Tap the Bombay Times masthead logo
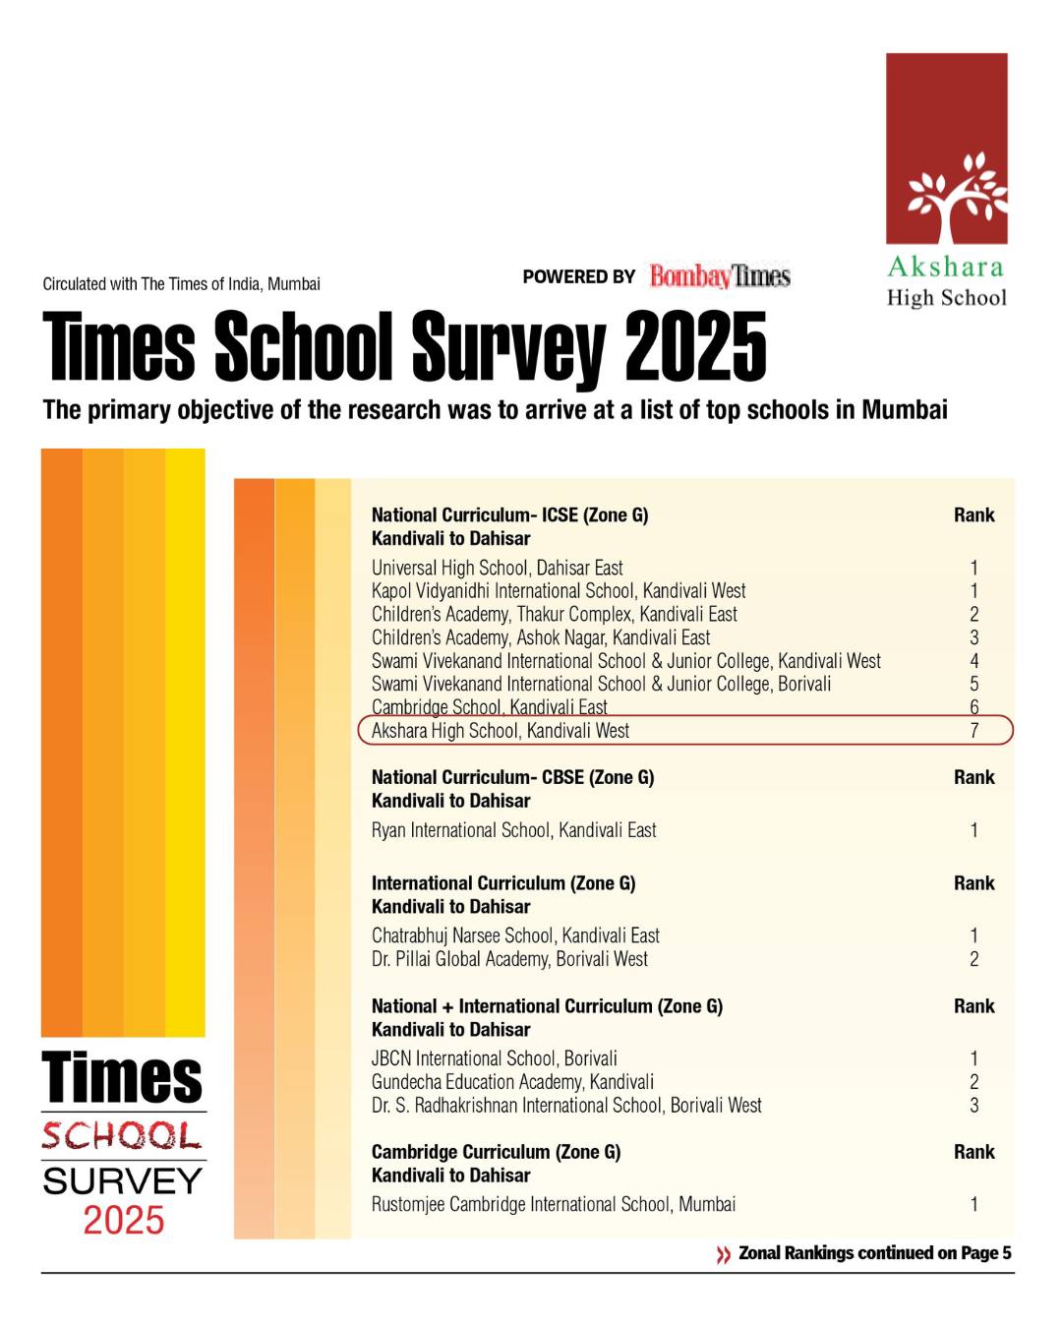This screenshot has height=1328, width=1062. coord(720,276)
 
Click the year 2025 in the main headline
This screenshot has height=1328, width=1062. coord(695,346)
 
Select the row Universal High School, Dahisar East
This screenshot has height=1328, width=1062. coord(497,568)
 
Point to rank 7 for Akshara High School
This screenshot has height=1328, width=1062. coord(973,731)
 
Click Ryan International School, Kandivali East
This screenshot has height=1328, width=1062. coord(513,830)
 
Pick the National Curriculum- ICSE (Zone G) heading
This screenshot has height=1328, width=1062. coord(509,514)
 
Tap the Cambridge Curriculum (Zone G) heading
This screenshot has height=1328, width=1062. coord(496,1152)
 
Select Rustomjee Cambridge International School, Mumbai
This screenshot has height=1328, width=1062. coord(553,1204)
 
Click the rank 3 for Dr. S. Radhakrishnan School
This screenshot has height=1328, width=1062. coord(973,1106)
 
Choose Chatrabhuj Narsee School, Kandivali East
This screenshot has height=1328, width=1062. coord(515,936)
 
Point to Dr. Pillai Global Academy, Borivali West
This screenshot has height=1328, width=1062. coord(509,959)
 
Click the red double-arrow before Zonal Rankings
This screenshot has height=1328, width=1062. coord(724,1254)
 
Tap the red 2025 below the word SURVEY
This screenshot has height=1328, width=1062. coord(124,1221)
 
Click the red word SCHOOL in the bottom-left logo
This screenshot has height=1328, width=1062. coord(123,1137)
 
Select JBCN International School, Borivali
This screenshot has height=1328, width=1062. coord(494,1058)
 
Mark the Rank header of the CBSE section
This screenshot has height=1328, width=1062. coord(973,777)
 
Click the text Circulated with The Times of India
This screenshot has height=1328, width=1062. coord(181,284)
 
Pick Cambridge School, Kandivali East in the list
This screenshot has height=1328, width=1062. coord(489,707)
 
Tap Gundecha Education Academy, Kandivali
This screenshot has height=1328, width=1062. coord(512,1082)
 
